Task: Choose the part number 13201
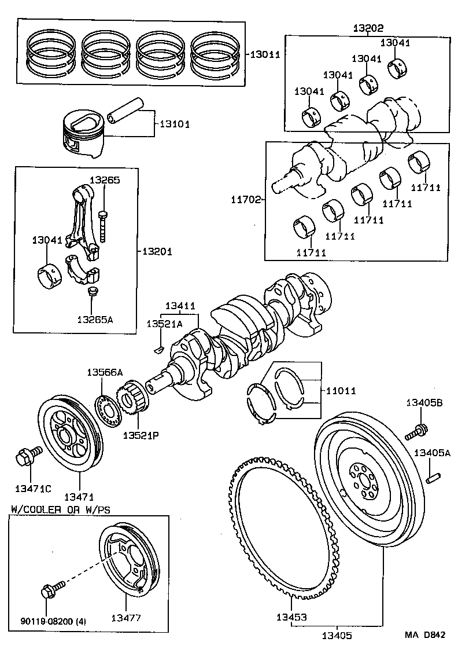(157, 251)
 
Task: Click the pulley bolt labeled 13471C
(25, 457)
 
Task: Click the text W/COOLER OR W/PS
(60, 509)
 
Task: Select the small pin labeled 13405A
(434, 477)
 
